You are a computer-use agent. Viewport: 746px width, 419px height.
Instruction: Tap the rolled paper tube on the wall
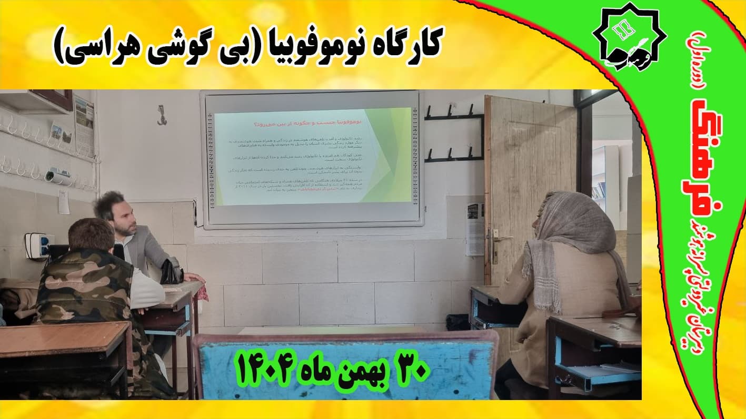coord(57,177)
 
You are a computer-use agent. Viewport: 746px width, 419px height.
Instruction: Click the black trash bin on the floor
coord(457,321)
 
